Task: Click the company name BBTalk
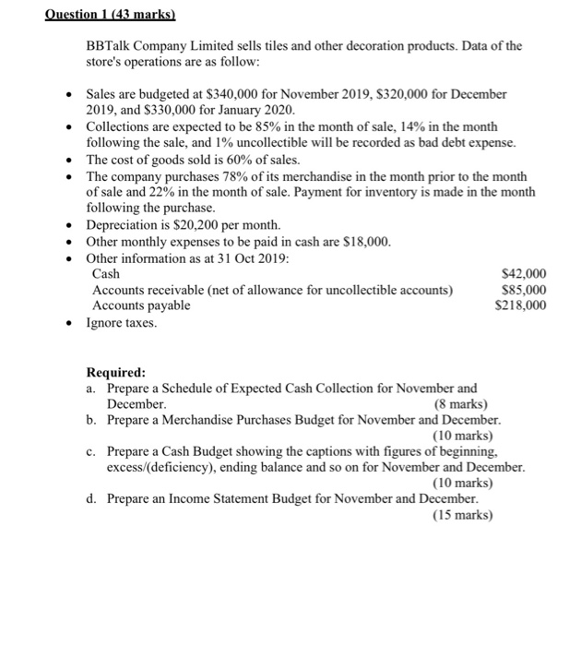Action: (110, 46)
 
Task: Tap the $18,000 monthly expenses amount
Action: (366, 242)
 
